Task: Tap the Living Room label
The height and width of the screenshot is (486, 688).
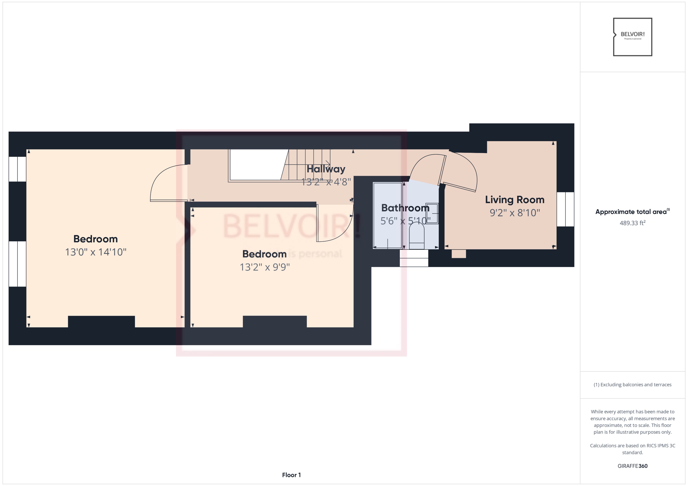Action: pyautogui.click(x=514, y=200)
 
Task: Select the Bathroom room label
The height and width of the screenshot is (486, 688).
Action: pyautogui.click(x=405, y=208)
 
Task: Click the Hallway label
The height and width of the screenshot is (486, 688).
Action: pyautogui.click(x=326, y=169)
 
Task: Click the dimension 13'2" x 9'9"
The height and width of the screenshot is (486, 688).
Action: pyautogui.click(x=265, y=267)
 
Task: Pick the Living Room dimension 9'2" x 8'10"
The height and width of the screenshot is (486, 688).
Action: pyautogui.click(x=514, y=213)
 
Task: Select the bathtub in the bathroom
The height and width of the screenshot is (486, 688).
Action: pyautogui.click(x=387, y=215)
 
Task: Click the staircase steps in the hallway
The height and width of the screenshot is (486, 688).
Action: pyautogui.click(x=309, y=165)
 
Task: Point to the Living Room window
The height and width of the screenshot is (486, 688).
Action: pyautogui.click(x=565, y=209)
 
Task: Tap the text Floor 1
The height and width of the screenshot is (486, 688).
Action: pyautogui.click(x=291, y=475)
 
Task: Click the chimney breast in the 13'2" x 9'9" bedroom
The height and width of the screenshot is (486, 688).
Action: pyautogui.click(x=274, y=321)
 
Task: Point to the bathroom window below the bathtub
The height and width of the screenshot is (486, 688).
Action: pyautogui.click(x=414, y=258)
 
